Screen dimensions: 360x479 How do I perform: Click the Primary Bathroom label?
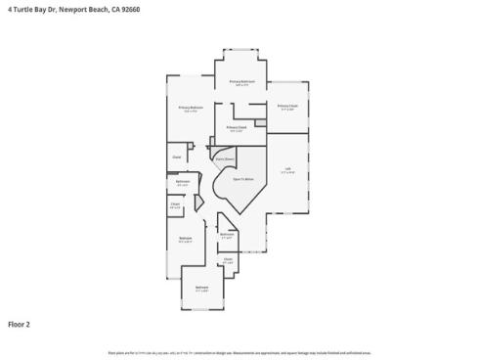click(x=240, y=81)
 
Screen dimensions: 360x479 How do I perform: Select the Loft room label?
click(x=287, y=170)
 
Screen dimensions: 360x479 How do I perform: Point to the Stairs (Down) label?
click(x=224, y=157)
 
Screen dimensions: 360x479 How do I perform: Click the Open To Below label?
click(x=243, y=179)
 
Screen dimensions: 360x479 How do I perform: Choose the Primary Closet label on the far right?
click(x=286, y=105)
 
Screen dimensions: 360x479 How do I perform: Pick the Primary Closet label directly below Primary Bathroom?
click(x=236, y=127)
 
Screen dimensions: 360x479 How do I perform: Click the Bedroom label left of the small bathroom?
click(x=185, y=238)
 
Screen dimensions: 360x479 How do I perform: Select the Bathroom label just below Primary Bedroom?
click(x=182, y=181)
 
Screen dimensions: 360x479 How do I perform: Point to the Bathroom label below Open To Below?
click(x=226, y=234)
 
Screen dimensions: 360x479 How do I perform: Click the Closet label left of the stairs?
click(x=177, y=157)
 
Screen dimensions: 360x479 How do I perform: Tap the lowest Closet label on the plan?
click(x=227, y=259)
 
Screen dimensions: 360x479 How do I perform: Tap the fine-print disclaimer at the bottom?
click(x=239, y=352)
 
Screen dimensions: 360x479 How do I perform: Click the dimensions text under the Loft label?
click(x=287, y=174)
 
